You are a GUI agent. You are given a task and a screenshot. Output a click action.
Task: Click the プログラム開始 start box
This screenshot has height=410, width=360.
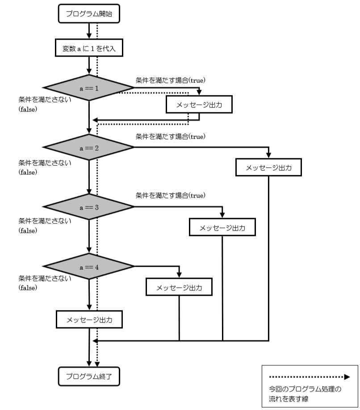click(89, 14)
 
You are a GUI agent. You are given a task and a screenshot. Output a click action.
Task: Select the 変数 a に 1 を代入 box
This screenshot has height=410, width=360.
click(89, 49)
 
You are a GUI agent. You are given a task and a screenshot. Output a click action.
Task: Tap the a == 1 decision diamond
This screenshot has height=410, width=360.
click(89, 88)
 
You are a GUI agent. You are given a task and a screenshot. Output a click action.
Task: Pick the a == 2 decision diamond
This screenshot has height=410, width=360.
click(89, 147)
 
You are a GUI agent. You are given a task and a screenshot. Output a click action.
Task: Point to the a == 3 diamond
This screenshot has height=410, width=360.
click(89, 207)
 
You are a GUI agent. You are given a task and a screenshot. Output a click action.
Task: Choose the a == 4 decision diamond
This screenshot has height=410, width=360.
click(89, 267)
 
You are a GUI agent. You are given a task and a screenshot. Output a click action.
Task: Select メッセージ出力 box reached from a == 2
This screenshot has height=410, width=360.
click(268, 168)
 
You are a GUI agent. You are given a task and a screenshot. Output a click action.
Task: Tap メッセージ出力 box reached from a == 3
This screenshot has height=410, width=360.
click(222, 228)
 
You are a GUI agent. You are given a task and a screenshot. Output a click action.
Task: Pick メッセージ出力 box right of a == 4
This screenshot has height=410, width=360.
click(179, 287)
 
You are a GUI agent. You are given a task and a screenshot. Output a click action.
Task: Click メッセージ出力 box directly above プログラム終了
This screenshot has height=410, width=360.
click(89, 319)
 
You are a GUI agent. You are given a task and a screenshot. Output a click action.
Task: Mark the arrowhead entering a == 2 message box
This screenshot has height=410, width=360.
click(268, 155)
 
